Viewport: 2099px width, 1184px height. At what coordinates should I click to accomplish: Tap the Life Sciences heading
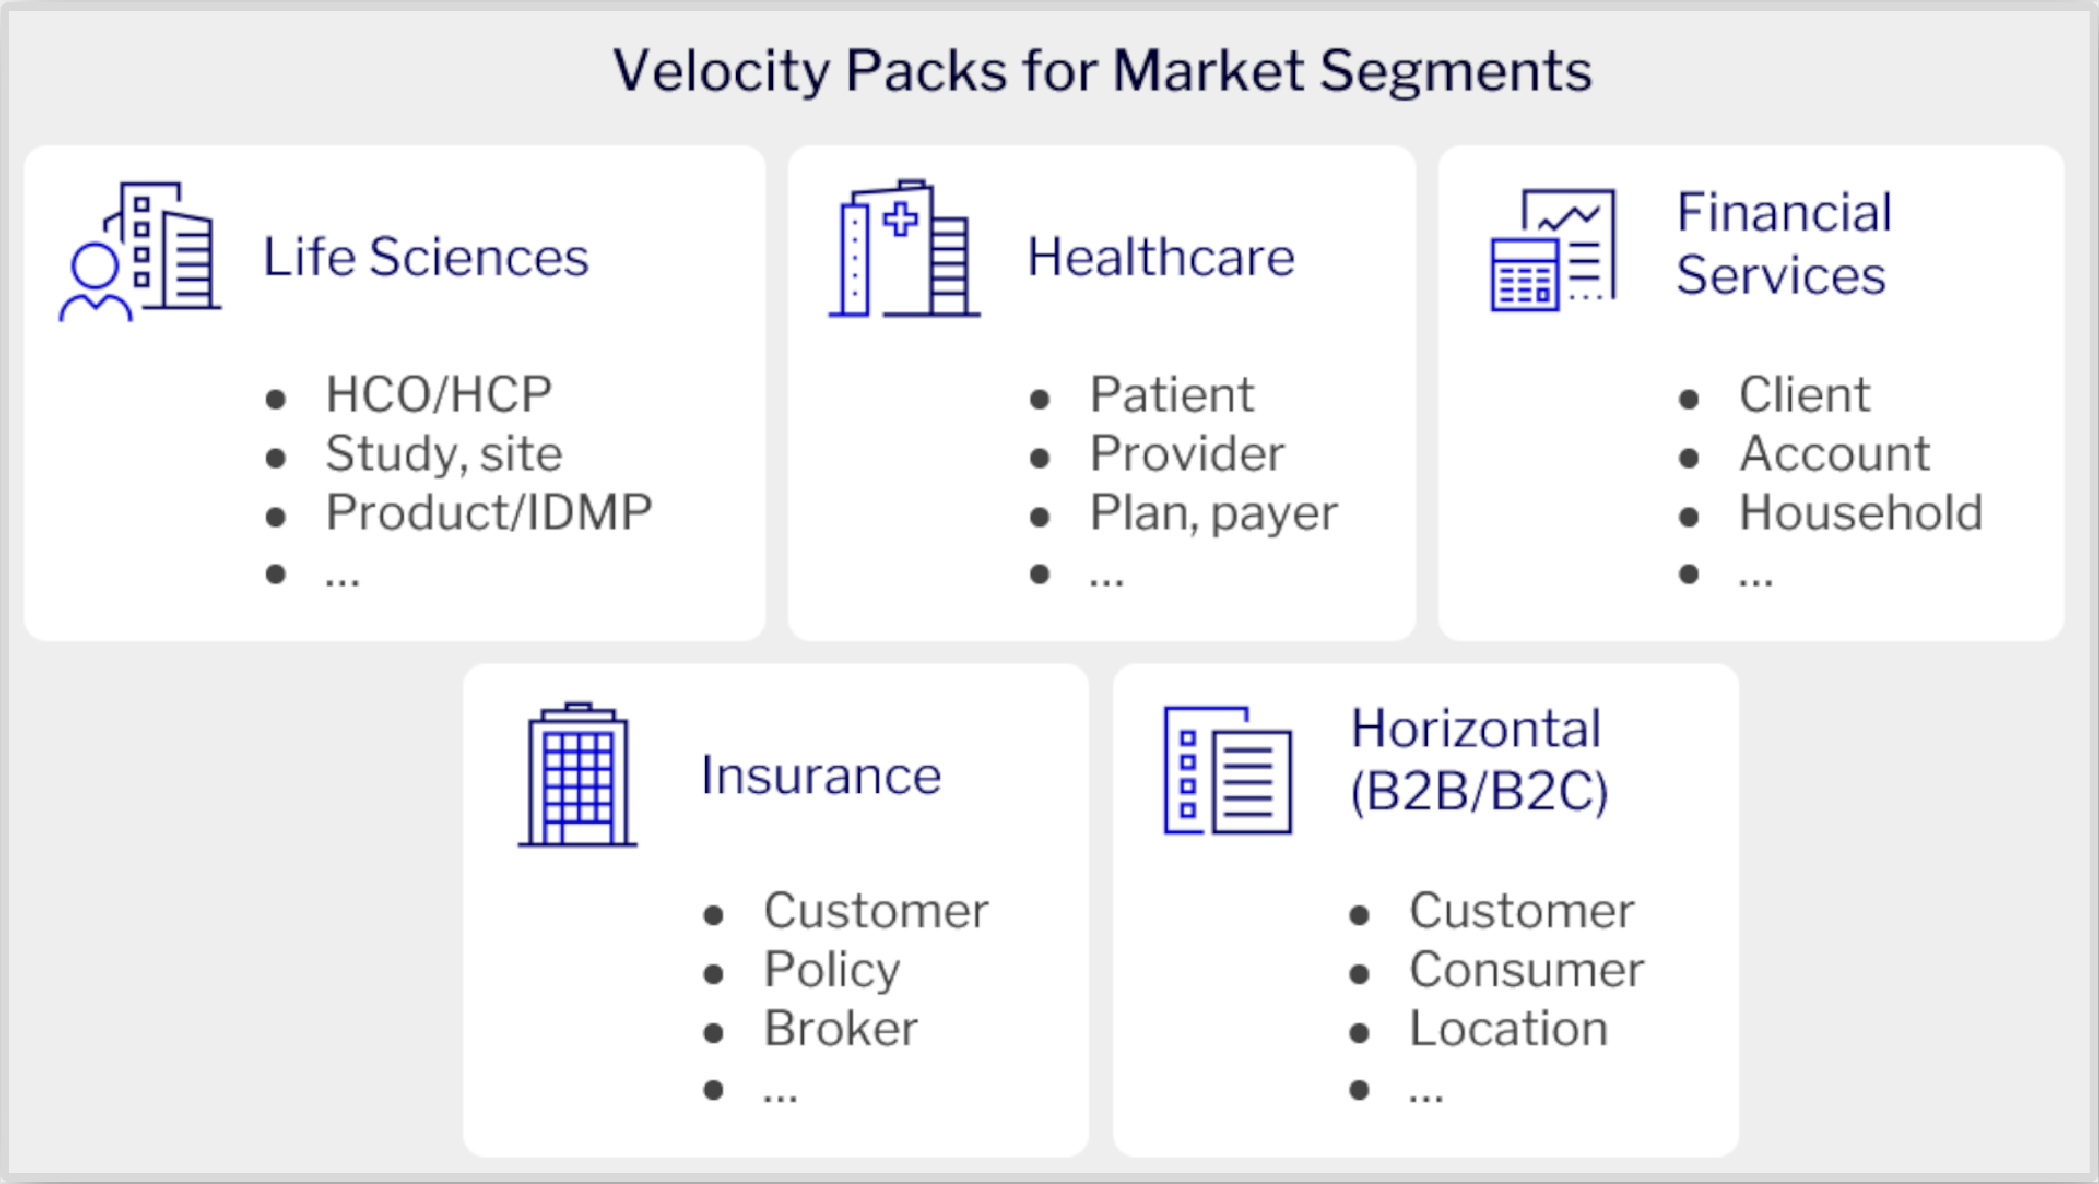point(425,257)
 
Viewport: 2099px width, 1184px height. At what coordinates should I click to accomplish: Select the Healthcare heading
point(1160,257)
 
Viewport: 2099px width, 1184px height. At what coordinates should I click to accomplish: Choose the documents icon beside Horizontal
point(1227,770)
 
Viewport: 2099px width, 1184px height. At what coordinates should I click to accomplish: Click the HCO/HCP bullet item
point(438,395)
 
